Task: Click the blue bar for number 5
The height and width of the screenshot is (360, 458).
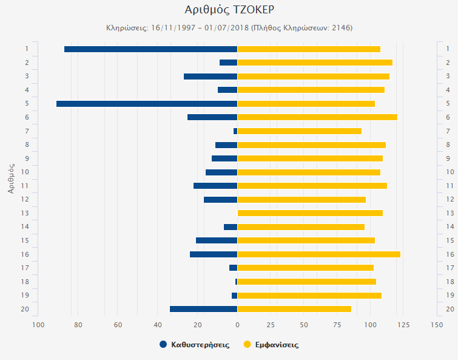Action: (x=146, y=104)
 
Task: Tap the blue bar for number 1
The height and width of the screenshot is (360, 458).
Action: (x=150, y=49)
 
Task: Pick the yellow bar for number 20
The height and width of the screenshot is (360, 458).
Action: (x=294, y=309)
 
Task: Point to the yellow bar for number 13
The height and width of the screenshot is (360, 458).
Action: (x=310, y=213)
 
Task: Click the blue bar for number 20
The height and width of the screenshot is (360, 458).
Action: (x=203, y=309)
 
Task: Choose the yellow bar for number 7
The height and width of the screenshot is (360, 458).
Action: (x=299, y=131)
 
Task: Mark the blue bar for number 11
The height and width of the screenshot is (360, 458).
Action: (x=215, y=186)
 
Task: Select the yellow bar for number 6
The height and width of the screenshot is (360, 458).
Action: (x=317, y=117)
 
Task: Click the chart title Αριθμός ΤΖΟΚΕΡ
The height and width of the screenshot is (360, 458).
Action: (x=229, y=10)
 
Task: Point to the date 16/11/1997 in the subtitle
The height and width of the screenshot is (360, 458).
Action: (x=172, y=28)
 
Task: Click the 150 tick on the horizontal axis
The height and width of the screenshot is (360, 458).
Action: (x=436, y=325)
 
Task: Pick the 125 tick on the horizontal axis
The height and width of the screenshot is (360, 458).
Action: (x=403, y=325)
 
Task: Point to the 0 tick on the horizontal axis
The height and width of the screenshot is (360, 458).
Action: (x=237, y=325)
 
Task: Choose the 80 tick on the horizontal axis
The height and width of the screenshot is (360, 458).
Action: (x=78, y=325)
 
